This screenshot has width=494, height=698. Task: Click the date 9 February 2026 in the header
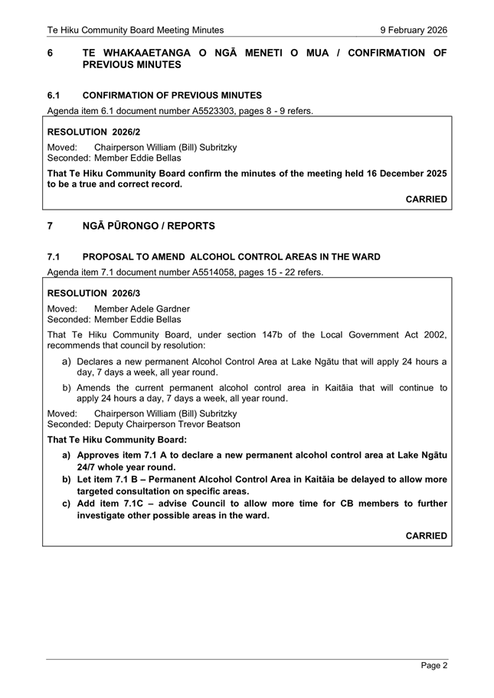click(414, 30)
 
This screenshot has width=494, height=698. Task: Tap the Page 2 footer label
click(434, 666)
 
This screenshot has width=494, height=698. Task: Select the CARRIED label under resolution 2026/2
click(426, 199)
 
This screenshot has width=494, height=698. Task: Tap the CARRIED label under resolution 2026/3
click(426, 536)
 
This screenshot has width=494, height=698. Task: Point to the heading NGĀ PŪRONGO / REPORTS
click(149, 227)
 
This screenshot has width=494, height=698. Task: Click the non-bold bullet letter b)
click(67, 388)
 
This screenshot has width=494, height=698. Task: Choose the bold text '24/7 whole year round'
click(126, 467)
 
